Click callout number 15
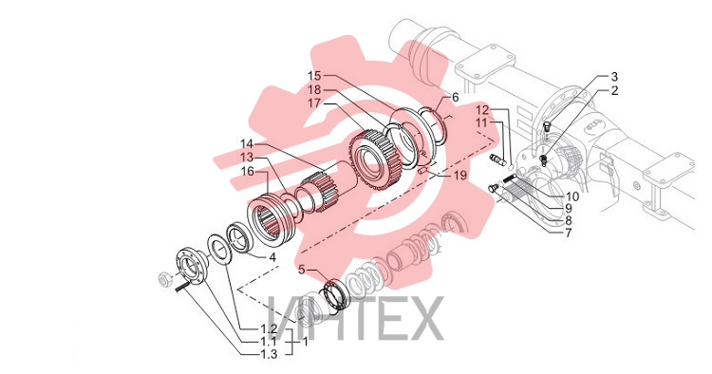(x=314, y=76)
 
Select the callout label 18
(x=314, y=89)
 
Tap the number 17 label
(x=314, y=103)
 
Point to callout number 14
(x=247, y=144)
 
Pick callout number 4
(x=272, y=257)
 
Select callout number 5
(x=302, y=271)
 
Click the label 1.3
(x=270, y=354)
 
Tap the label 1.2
(x=270, y=329)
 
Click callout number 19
(x=460, y=176)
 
